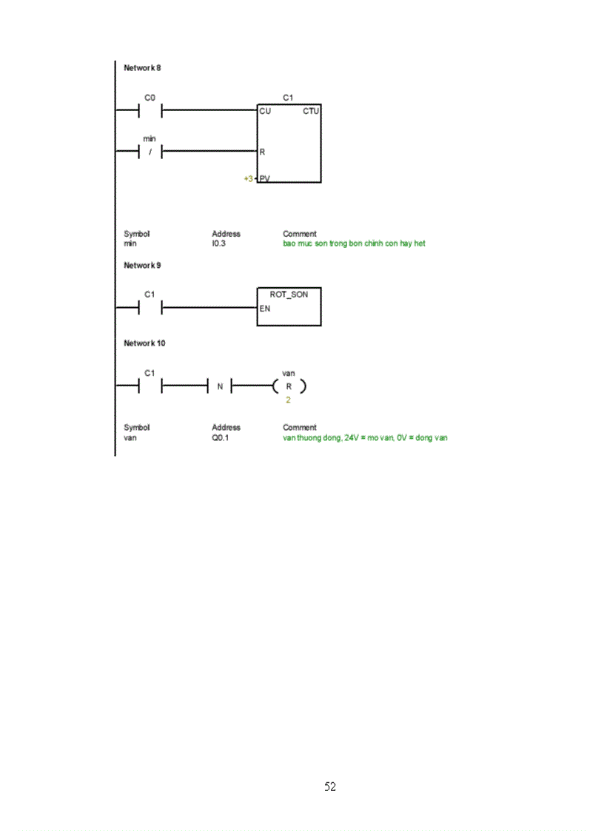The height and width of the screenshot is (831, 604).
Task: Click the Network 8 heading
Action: pos(142,68)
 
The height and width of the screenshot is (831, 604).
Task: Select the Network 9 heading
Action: pos(142,265)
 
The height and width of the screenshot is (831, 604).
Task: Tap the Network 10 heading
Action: pos(144,343)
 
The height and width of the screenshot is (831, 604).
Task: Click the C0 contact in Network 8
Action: pos(150,111)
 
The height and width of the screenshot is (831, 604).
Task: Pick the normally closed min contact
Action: pos(150,152)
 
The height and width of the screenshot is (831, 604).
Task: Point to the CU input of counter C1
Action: pos(265,111)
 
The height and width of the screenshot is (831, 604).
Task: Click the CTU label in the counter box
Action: pos(311,111)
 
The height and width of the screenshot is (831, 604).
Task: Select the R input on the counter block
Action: pos(262,152)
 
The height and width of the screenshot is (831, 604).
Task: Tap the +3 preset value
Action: pos(248,178)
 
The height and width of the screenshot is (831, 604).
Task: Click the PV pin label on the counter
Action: pos(265,178)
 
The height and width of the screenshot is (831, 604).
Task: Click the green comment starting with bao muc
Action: pos(354,243)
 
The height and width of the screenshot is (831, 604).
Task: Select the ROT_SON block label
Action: pos(289,294)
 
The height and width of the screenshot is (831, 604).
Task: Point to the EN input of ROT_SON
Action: pos(264,308)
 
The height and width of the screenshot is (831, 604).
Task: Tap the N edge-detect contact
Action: pos(220,386)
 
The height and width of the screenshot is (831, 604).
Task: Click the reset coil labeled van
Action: pos(289,386)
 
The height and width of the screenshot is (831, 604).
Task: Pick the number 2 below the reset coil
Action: pos(288,400)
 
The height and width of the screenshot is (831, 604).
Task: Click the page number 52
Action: pos(330,787)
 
